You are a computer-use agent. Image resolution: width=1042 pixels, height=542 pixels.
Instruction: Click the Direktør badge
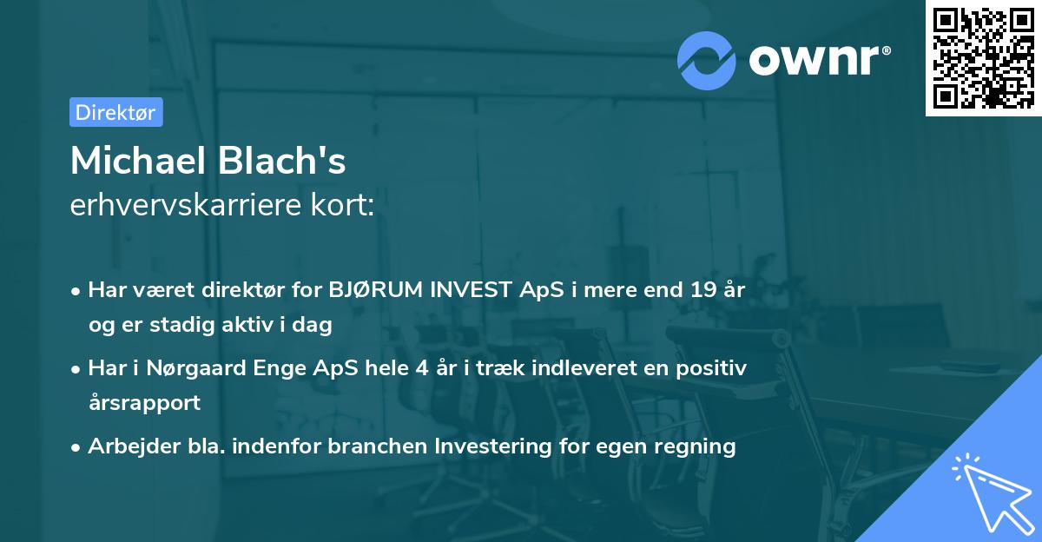(x=115, y=112)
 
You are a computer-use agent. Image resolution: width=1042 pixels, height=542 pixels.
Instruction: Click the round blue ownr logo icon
(x=707, y=60)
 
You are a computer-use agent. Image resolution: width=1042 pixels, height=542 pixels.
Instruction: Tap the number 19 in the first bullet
(x=700, y=290)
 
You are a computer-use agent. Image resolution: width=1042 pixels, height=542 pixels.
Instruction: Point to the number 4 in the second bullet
(x=422, y=368)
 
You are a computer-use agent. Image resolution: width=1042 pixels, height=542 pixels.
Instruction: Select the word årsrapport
(x=144, y=402)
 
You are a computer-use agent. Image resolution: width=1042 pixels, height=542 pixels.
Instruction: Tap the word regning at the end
(x=699, y=446)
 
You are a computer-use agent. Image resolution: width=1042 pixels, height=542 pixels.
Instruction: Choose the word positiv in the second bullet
(x=713, y=368)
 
